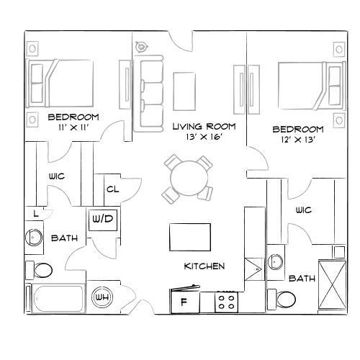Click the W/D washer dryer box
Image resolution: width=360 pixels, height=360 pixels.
[x=101, y=219]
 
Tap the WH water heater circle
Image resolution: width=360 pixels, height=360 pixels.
[x=102, y=296]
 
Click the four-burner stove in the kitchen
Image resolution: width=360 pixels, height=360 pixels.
[x=227, y=302]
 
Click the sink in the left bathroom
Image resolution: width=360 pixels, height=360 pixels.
[x=33, y=236]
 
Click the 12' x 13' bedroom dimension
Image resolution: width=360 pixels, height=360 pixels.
[x=297, y=140]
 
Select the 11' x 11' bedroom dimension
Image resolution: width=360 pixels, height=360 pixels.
[x=73, y=127]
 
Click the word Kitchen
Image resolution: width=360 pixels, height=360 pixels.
[x=204, y=266]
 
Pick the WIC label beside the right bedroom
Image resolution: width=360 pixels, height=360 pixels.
[x=302, y=210]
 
